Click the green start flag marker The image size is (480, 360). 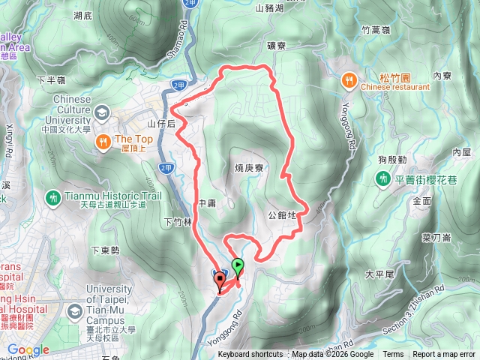click(x=238, y=265)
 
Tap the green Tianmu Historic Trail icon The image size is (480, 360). click(x=53, y=198)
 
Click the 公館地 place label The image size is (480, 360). click(x=282, y=215)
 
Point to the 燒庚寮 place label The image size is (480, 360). click(x=247, y=169)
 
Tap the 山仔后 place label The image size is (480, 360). click(x=160, y=123)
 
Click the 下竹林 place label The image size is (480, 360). click(x=177, y=221)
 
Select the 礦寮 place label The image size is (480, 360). click(x=276, y=46)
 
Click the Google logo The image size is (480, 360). click(x=28, y=349)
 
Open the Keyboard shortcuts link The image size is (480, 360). click(x=250, y=355)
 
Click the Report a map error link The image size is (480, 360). click(x=444, y=355)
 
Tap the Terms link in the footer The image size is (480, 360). click(x=393, y=355)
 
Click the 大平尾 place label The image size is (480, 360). click(x=379, y=274)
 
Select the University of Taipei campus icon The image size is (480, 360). click(x=74, y=310)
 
